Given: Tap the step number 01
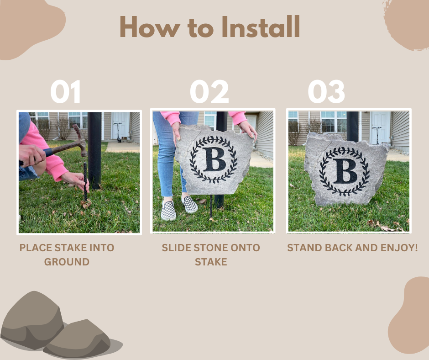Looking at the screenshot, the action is (x=65, y=91).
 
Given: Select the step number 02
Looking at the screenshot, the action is (x=209, y=91).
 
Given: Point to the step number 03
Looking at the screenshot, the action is (x=326, y=91).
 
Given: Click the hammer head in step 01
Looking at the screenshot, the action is (x=79, y=140).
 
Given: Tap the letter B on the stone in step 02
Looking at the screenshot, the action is (x=214, y=159).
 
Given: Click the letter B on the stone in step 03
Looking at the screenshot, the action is (x=345, y=171).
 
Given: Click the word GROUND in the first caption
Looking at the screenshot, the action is (x=67, y=262).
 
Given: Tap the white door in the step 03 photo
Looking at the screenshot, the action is (x=381, y=128).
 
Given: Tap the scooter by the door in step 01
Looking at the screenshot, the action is (x=119, y=132).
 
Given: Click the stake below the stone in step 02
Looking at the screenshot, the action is (x=211, y=206).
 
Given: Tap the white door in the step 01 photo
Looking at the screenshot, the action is (x=120, y=126).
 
